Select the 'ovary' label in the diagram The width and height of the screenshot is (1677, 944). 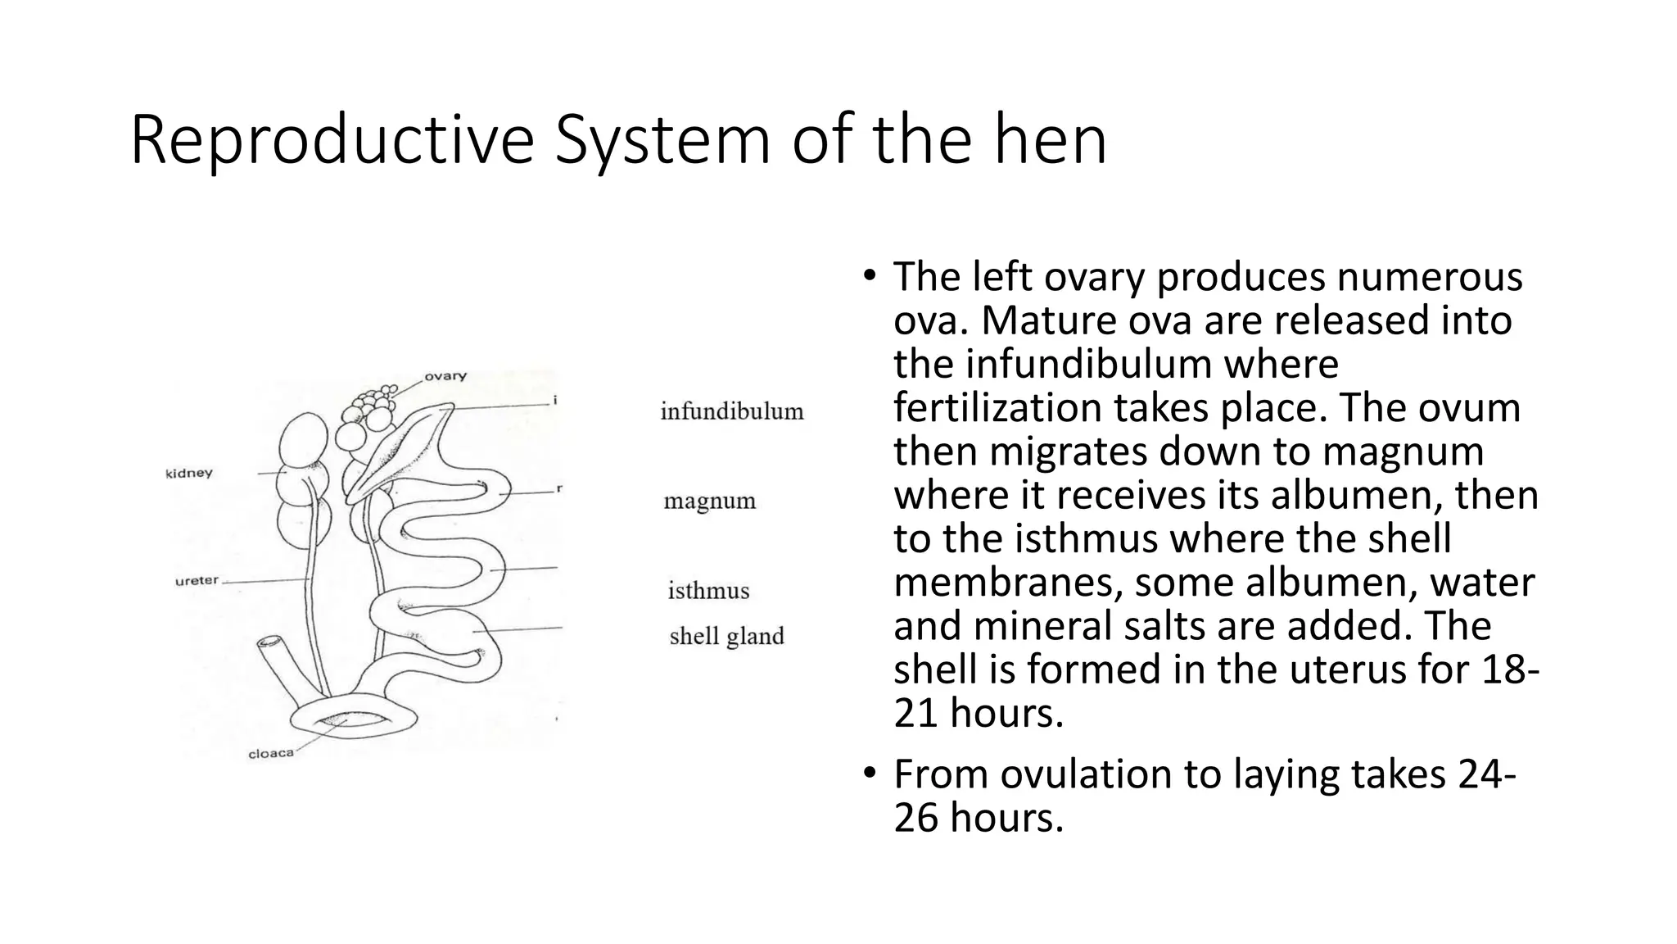coord(445,376)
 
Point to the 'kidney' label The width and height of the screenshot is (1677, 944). coord(189,473)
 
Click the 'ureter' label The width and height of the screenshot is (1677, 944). coord(197,581)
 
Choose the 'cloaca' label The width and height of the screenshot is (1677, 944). coord(271,753)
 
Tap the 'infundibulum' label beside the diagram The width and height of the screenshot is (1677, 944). coord(732,411)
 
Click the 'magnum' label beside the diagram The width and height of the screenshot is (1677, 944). coord(709,501)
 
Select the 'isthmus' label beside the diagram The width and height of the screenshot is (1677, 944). coord(708,591)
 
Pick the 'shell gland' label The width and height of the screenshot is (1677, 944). coord(726,636)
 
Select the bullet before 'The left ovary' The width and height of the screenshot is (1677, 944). coord(869,275)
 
